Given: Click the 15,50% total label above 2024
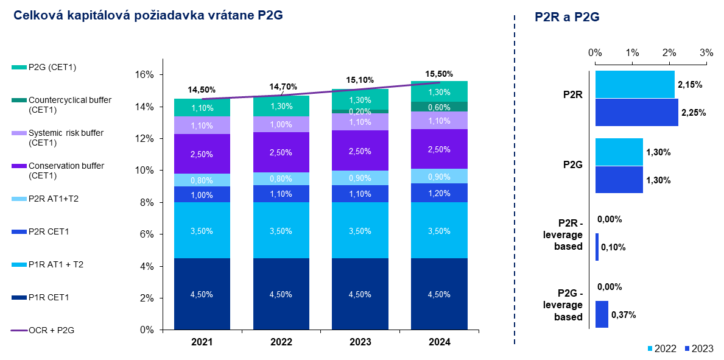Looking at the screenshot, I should pyautogui.click(x=439, y=74).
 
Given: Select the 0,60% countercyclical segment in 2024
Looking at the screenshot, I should pyautogui.click(x=439, y=107).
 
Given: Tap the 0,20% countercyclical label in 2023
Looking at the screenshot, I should pyautogui.click(x=360, y=112).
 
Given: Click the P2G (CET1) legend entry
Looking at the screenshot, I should pyautogui.click(x=52, y=67).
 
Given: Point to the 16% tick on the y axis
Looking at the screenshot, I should pyautogui.click(x=145, y=75).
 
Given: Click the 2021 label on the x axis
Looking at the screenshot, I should pyautogui.click(x=202, y=342).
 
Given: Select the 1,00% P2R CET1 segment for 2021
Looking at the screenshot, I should pyautogui.click(x=202, y=195).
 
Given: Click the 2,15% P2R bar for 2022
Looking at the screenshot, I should pyautogui.click(x=634, y=84).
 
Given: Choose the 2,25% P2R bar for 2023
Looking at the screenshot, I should pyautogui.click(x=636, y=112).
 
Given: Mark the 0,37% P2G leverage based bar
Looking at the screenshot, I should pyautogui.click(x=602, y=314).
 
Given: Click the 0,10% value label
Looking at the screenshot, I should pyautogui.click(x=613, y=247).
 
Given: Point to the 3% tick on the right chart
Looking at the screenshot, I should pyautogui.click(x=706, y=53).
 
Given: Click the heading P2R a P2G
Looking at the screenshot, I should pyautogui.click(x=567, y=18).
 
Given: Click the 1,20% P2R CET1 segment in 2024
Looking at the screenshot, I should pyautogui.click(x=439, y=193).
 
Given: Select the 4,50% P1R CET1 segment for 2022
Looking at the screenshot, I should pyautogui.click(x=281, y=294).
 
